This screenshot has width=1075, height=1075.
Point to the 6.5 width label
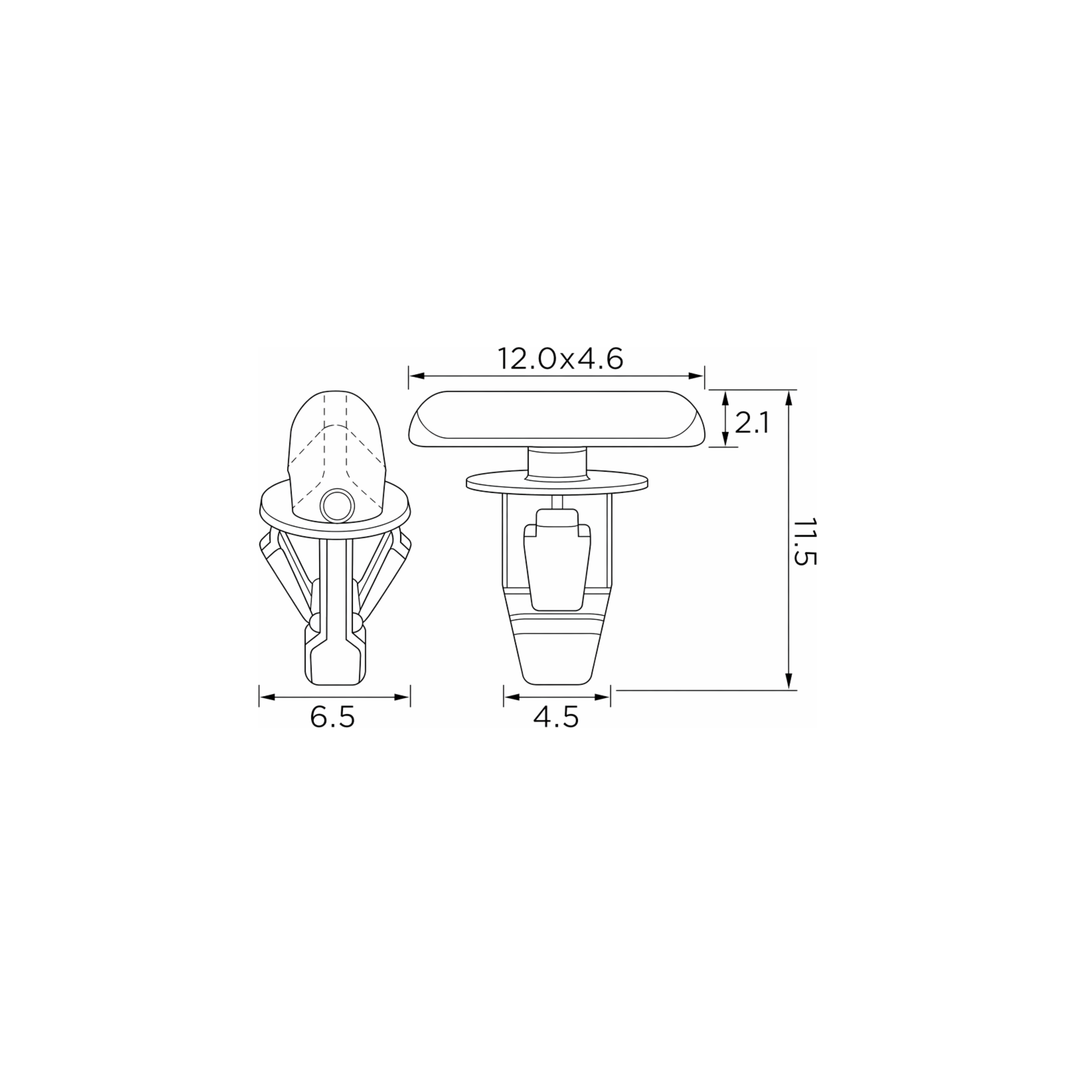pos(332,718)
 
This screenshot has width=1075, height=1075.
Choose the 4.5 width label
pos(556,718)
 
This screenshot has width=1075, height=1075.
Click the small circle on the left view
pos(337,506)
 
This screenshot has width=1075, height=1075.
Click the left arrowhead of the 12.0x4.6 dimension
pos(417,376)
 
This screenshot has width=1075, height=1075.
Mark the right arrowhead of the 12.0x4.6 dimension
pos(697,376)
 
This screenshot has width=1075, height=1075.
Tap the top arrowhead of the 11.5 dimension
pos(789,398)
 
